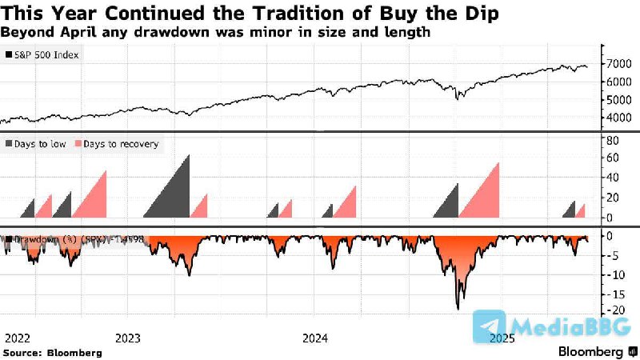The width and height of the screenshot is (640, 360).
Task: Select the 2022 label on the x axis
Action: click(18, 338)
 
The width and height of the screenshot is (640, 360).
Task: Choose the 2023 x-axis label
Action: click(130, 338)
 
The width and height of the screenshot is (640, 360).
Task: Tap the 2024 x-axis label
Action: click(317, 338)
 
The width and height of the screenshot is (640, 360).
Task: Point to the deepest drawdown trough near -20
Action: click(458, 307)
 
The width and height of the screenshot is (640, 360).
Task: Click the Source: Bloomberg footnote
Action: click(53, 352)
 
